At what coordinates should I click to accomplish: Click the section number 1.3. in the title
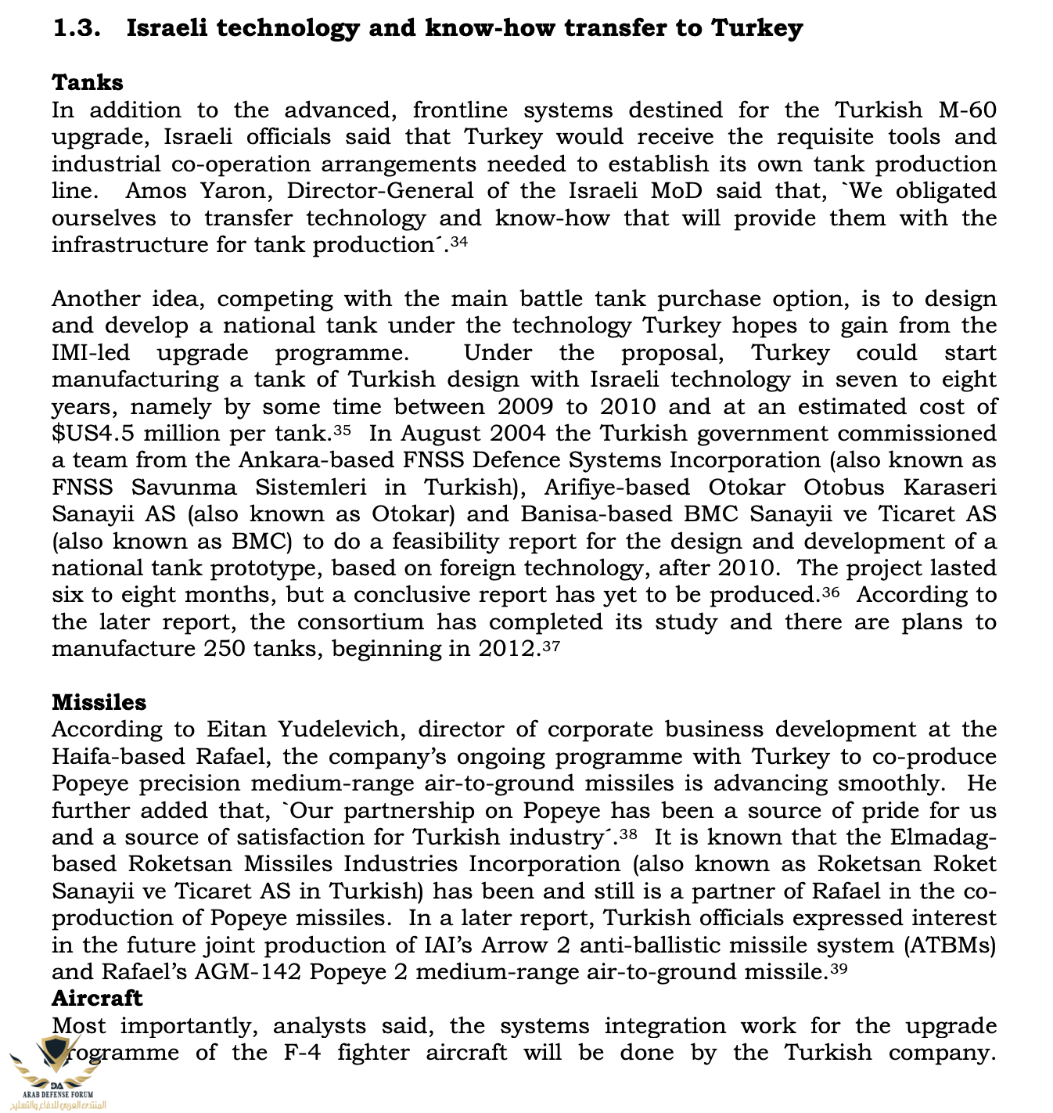click(x=77, y=28)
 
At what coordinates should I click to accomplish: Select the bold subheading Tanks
click(x=88, y=82)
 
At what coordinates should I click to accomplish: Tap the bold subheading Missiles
click(x=99, y=702)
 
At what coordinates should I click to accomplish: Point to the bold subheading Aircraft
click(x=97, y=998)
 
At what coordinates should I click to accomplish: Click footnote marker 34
click(x=459, y=242)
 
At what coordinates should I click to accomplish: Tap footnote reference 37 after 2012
click(x=552, y=647)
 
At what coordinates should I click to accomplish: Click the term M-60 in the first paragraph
click(x=967, y=110)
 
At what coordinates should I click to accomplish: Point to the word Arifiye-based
click(x=618, y=488)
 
